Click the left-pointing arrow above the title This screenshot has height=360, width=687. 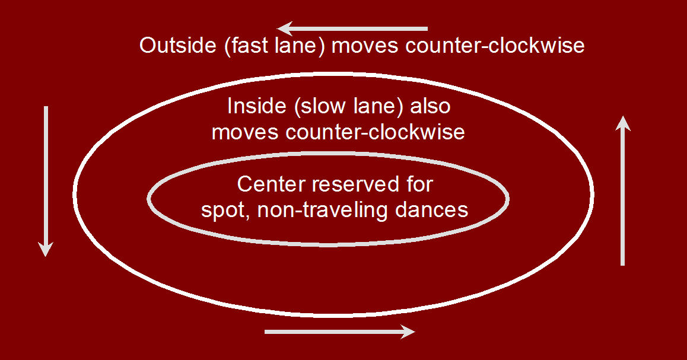pyautogui.click(x=352, y=29)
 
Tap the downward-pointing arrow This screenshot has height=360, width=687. pyautogui.click(x=46, y=181)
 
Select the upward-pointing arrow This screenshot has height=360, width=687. pyautogui.click(x=622, y=190)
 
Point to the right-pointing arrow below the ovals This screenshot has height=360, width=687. pyautogui.click(x=339, y=332)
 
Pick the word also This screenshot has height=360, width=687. pyautogui.click(x=431, y=106)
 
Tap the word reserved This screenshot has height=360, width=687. pyautogui.click(x=355, y=184)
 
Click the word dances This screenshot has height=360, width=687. pyautogui.click(x=431, y=210)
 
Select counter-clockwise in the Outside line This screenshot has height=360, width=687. pyautogui.click(x=495, y=46)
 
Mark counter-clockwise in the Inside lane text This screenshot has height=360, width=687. pyautogui.click(x=375, y=132)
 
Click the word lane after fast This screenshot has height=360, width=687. pyautogui.click(x=297, y=46)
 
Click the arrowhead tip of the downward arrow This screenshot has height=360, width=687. pyautogui.click(x=46, y=257)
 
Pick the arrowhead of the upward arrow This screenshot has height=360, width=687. pyautogui.click(x=622, y=123)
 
